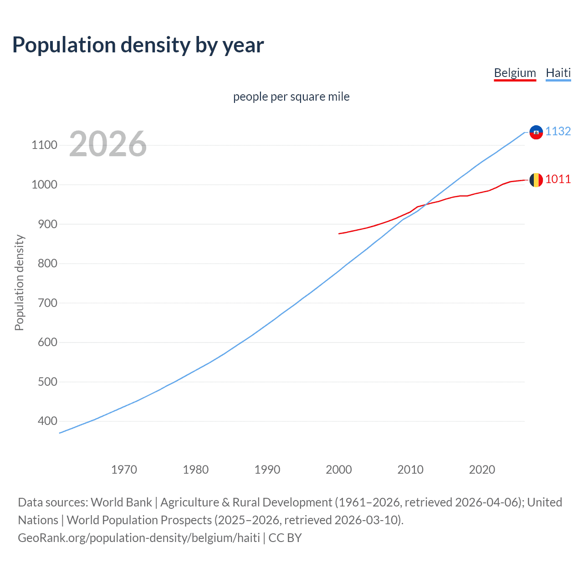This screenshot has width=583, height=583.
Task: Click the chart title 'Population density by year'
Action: click(x=138, y=45)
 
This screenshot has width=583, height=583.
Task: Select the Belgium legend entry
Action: click(x=515, y=73)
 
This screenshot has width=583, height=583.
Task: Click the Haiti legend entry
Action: click(x=558, y=73)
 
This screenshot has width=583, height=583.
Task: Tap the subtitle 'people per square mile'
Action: click(x=291, y=97)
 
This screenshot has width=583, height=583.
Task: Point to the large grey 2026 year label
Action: click(x=108, y=144)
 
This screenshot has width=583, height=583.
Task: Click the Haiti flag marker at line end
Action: click(x=536, y=132)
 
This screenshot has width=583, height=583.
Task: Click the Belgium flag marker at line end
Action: click(x=536, y=180)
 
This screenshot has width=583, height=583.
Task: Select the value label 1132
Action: click(x=558, y=131)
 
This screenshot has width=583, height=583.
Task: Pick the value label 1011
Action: click(x=558, y=179)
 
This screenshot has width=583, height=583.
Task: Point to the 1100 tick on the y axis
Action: click(x=44, y=145)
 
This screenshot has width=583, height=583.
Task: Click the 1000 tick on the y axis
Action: click(x=44, y=184)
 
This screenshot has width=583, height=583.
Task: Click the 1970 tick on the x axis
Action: click(x=124, y=470)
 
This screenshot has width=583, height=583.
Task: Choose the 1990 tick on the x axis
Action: click(x=267, y=470)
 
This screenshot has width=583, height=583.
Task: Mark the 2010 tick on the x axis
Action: click(x=410, y=470)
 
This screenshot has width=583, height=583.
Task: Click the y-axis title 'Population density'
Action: click(x=19, y=282)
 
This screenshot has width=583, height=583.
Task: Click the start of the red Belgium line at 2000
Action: click(x=339, y=234)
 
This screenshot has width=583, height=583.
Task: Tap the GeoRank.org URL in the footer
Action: click(x=139, y=538)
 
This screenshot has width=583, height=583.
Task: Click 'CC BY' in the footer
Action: click(x=285, y=538)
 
